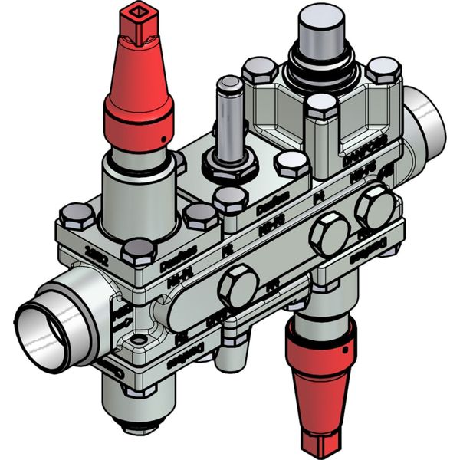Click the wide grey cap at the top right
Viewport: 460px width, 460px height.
point(321,30)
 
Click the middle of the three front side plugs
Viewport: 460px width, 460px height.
point(329,234)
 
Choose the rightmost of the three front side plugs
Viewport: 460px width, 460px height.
point(375,207)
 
